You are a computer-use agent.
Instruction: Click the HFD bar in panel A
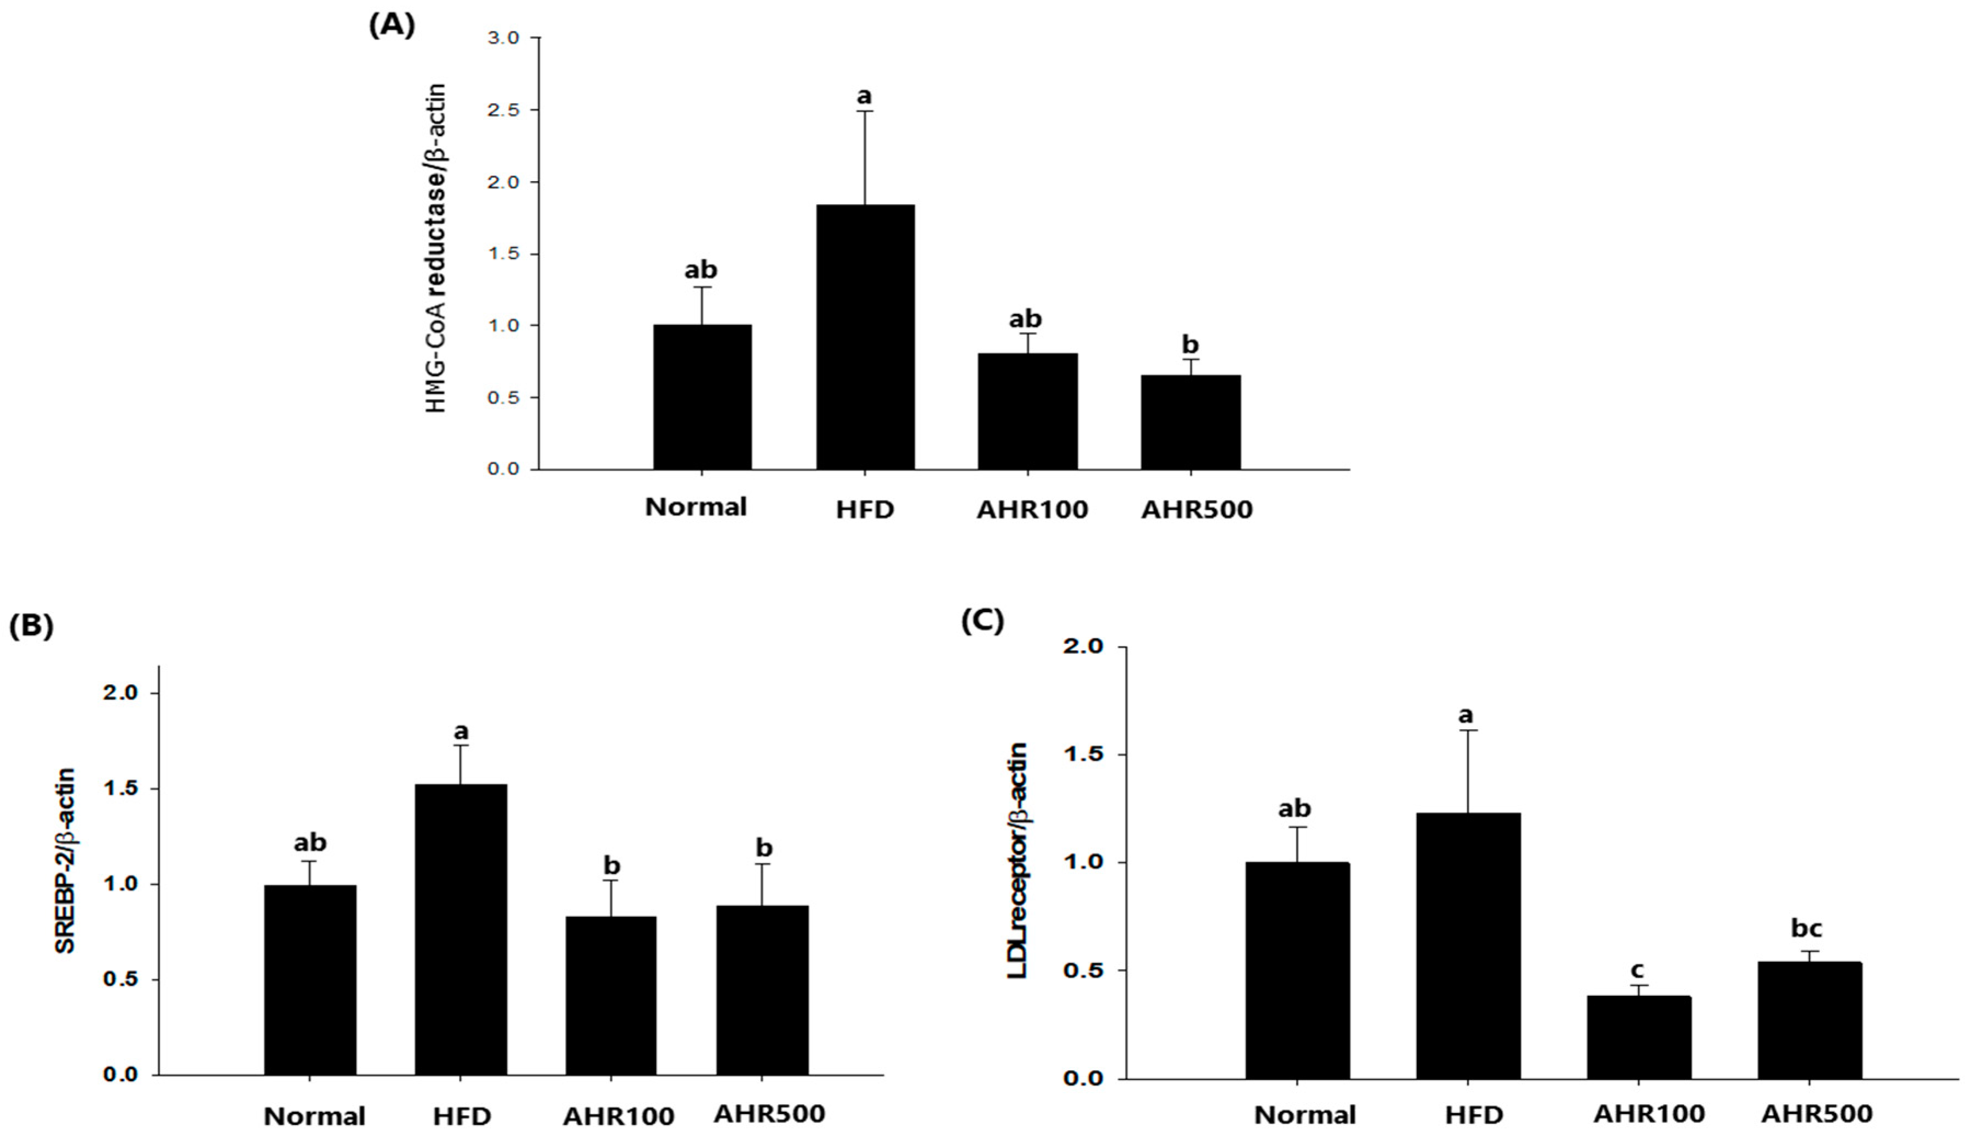tap(865, 337)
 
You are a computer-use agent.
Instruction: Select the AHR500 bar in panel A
tap(1191, 422)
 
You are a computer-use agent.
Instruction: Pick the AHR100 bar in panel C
tap(1637, 1037)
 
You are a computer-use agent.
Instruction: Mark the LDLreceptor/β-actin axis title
tap(1018, 860)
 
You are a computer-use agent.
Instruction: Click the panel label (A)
tap(392, 26)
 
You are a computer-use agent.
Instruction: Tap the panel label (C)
tap(982, 621)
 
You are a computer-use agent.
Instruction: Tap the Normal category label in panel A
tap(696, 507)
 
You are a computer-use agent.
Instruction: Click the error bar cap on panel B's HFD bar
tap(461, 746)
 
